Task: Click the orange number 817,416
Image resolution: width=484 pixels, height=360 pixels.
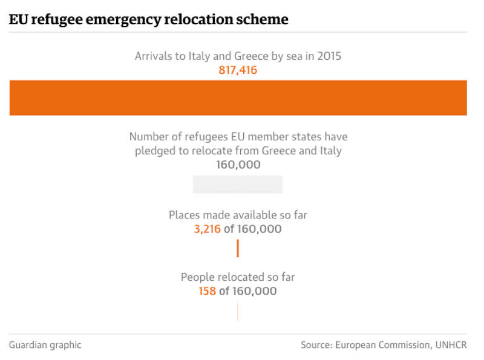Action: tap(238, 71)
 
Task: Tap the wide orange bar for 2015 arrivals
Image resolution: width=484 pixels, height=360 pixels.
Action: tap(238, 97)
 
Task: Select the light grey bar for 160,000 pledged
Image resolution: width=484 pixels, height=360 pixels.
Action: tap(238, 184)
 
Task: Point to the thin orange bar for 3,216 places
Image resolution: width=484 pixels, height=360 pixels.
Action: tap(238, 248)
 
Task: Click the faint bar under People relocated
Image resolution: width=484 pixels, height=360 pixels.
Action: tap(238, 312)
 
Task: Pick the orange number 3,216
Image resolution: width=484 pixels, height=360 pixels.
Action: tap(208, 229)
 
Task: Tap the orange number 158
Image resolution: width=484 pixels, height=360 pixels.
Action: tap(207, 291)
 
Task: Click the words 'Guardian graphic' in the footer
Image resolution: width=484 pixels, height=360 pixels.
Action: tap(45, 345)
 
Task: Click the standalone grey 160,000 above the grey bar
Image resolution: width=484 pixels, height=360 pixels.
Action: tap(238, 165)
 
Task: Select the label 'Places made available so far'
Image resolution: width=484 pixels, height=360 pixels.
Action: tap(238, 215)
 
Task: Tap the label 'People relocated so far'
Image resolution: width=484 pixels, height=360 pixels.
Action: tap(238, 277)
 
